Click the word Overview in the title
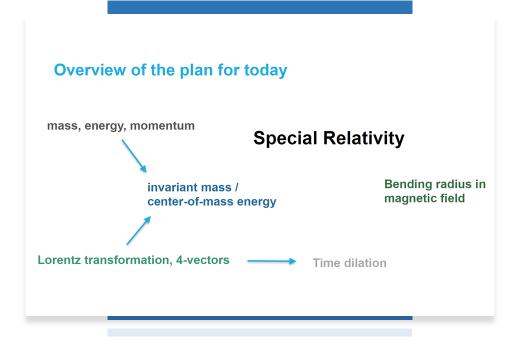click(90, 70)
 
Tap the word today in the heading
click(265, 70)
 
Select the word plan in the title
click(196, 70)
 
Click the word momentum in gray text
click(162, 126)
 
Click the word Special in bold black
click(285, 138)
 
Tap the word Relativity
click(364, 138)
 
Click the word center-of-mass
click(190, 201)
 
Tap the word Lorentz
click(59, 260)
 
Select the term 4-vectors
click(202, 260)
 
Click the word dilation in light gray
click(365, 263)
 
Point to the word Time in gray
click(326, 263)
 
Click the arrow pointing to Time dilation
click(271, 261)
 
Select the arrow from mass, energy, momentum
click(134, 156)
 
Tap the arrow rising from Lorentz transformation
click(139, 230)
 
